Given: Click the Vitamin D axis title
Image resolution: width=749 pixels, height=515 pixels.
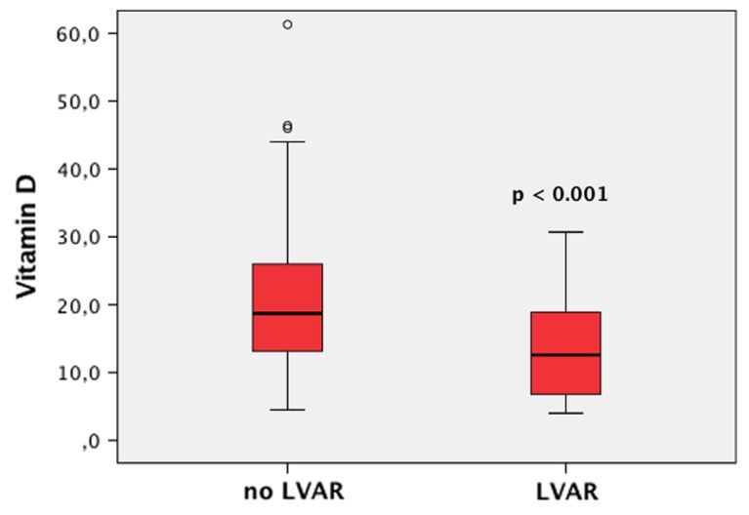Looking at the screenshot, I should tap(26, 237).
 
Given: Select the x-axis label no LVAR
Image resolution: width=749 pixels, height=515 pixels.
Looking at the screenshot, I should tap(293, 491).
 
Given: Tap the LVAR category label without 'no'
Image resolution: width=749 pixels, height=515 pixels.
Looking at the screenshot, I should tap(566, 491).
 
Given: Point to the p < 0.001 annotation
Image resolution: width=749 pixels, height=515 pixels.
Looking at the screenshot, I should tap(561, 195).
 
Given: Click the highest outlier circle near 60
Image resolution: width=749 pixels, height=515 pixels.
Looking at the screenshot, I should tap(287, 24).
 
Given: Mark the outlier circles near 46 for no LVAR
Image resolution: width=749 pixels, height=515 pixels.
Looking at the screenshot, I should tap(287, 127).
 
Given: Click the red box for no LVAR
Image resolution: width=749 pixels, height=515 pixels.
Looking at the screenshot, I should tap(287, 288).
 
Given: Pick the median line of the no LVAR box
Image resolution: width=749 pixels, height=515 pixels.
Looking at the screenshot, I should tap(287, 313).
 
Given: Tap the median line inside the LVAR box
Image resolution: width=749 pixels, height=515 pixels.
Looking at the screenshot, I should tap(565, 354).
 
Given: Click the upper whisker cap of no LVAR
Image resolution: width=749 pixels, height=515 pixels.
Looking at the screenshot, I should tap(287, 141).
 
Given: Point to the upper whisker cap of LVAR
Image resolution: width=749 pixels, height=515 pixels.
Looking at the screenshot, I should tap(565, 232).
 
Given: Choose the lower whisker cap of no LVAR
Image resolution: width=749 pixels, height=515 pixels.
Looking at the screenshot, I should tap(287, 410).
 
